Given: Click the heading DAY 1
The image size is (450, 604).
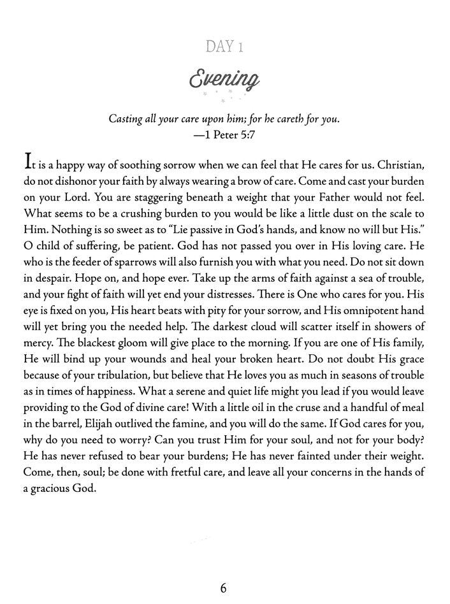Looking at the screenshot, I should coord(224,47).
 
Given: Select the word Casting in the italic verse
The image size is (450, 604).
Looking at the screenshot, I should coord(127,119).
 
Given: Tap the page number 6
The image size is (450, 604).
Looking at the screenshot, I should coord(224,588).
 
